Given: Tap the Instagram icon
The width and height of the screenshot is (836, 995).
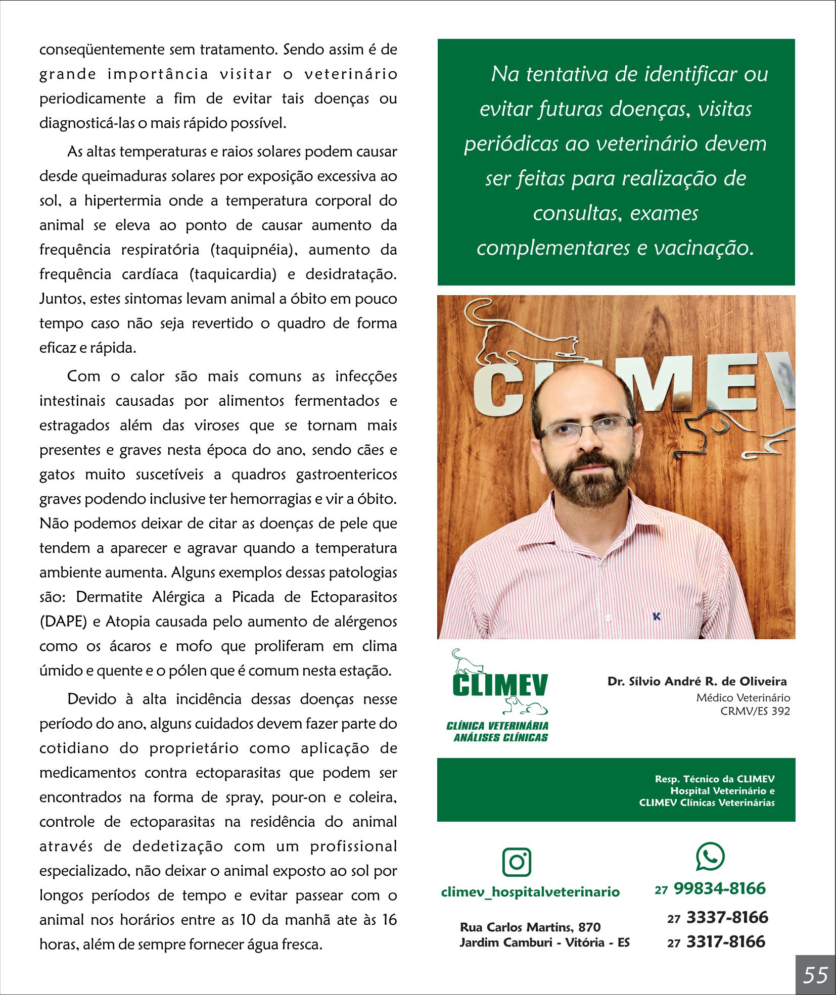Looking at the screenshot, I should [x=517, y=862].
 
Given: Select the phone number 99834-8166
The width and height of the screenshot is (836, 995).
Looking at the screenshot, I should [x=719, y=888].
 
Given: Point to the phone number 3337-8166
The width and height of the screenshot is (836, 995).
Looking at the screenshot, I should [x=727, y=917].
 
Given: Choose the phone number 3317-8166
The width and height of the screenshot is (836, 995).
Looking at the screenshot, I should [x=725, y=941].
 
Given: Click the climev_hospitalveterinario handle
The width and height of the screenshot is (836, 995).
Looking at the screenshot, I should [x=530, y=892].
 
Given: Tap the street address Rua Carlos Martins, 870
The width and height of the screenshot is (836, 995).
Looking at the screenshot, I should [x=530, y=927].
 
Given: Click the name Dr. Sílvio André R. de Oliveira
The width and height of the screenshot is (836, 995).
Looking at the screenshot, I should [x=697, y=682].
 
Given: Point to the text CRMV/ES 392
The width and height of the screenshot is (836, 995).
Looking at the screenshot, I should [x=756, y=711].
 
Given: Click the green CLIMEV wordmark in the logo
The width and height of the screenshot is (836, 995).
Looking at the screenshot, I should [x=500, y=684].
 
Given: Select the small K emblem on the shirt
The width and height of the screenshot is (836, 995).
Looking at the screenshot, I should [x=657, y=617].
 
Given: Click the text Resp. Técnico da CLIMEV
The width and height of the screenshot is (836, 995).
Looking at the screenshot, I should [x=715, y=793].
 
